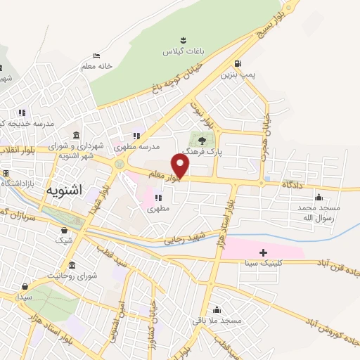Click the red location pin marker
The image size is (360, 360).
click(x=181, y=166)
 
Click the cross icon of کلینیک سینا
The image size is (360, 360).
click(x=263, y=252)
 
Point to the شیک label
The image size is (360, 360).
click(x=64, y=241)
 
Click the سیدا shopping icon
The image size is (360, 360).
click(x=25, y=287)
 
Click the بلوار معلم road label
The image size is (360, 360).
click(x=167, y=176)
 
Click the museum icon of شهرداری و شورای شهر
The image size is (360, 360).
click(x=75, y=134)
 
